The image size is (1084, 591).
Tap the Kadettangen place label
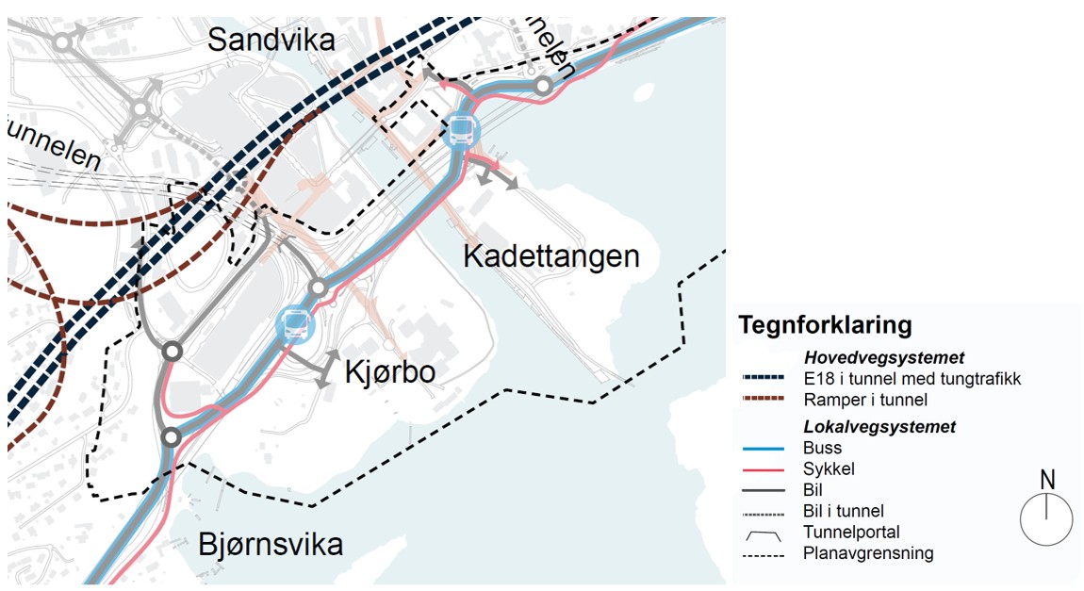(x=551, y=255)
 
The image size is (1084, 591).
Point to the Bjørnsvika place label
(x=271, y=544)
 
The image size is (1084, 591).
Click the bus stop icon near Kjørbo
(x=295, y=324)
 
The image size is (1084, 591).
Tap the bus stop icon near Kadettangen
(x=461, y=131)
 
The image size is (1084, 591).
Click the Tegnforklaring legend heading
(x=825, y=325)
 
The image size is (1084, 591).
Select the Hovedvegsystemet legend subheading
(x=884, y=357)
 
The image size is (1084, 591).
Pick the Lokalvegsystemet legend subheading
(x=879, y=427)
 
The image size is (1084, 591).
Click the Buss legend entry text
(x=823, y=448)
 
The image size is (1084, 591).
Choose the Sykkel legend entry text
(x=829, y=468)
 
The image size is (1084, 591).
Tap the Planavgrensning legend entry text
(x=868, y=553)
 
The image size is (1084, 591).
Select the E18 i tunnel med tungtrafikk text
(x=912, y=378)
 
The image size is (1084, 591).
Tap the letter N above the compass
(x=1047, y=480)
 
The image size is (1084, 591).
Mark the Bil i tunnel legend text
(x=844, y=511)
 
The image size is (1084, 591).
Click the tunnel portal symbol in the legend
(x=764, y=534)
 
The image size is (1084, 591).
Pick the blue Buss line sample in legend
(x=764, y=449)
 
